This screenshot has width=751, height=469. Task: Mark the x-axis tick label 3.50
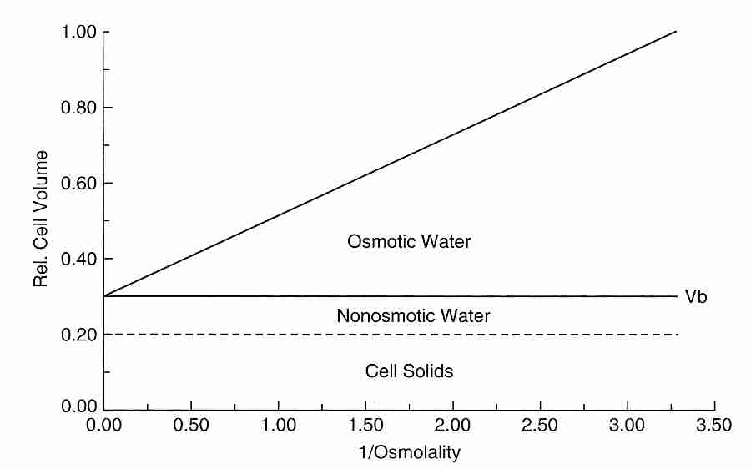pyautogui.click(x=714, y=426)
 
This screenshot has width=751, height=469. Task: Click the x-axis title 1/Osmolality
pyautogui.click(x=410, y=453)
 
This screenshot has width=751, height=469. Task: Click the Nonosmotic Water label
pyautogui.click(x=413, y=316)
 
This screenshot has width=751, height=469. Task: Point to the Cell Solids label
pyautogui.click(x=409, y=371)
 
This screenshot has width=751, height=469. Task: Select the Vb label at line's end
pyautogui.click(x=696, y=297)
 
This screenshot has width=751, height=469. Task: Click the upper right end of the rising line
pyautogui.click(x=674, y=32)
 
